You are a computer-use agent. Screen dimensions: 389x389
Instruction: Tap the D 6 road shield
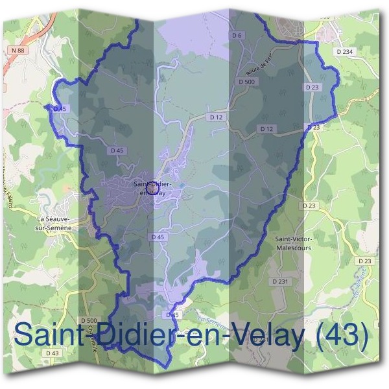(237, 35)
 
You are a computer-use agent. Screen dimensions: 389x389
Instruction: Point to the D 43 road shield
(52, 352)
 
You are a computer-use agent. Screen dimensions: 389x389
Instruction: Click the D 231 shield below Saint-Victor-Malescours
(280, 281)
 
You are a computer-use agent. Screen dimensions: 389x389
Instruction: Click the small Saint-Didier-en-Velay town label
(153, 188)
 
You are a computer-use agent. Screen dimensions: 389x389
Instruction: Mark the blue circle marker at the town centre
(152, 187)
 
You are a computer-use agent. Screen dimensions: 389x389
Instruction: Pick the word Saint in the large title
(45, 335)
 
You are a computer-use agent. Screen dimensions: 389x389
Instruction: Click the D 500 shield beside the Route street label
(246, 82)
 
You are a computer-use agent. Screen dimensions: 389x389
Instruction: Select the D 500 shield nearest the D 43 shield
(89, 321)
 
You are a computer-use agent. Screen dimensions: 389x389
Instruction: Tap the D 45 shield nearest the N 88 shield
(59, 108)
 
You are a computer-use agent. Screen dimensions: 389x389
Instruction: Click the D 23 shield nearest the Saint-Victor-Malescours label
(309, 205)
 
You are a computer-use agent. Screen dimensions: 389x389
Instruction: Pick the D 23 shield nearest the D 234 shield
(312, 86)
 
